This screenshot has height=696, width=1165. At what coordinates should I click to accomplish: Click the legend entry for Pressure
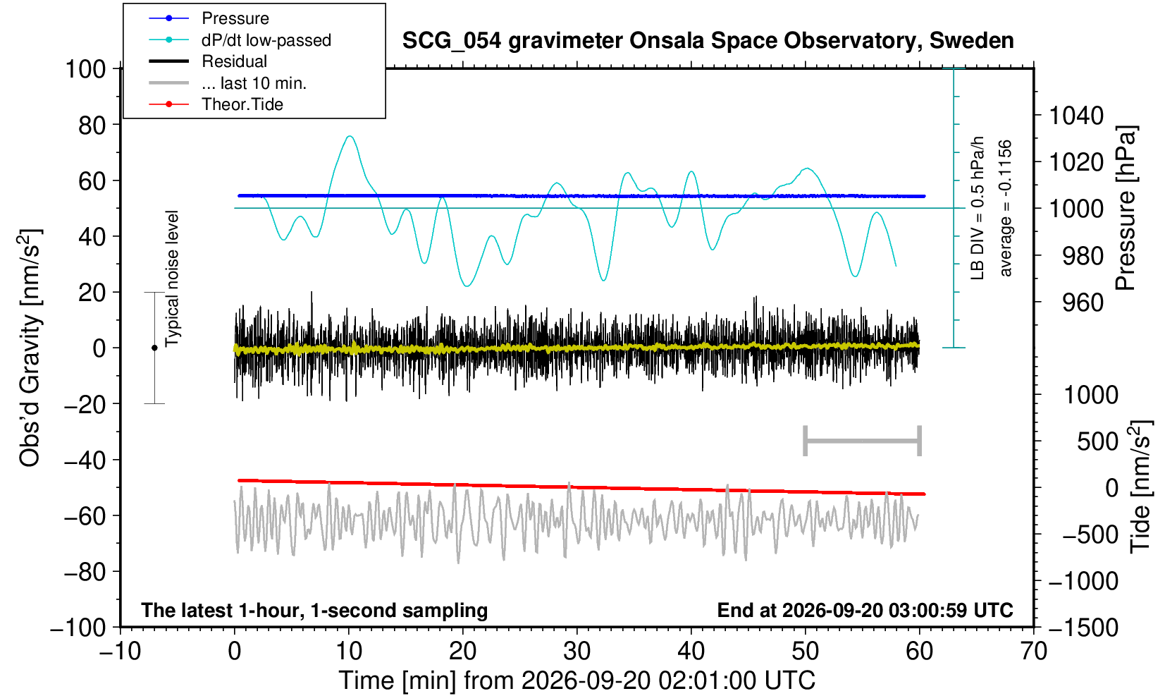coord(235,18)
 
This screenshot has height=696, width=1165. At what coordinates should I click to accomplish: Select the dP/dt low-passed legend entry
coord(266,40)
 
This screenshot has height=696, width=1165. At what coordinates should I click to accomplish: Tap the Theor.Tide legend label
coord(242,104)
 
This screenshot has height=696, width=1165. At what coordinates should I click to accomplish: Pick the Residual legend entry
coord(234,61)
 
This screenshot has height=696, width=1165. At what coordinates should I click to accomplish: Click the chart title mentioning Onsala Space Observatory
coord(708,41)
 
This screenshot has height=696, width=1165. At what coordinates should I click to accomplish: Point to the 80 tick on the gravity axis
coord(92,126)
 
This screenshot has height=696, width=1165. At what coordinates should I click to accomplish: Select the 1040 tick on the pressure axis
coord(1076,116)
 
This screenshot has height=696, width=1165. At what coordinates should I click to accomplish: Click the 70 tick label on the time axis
coord(1033,652)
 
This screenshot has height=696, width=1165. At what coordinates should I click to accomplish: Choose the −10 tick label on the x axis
coord(120,652)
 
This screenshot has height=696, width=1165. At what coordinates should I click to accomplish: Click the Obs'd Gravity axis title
coord(30,348)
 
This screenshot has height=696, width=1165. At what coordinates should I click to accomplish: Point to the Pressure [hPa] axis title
coord(1126,208)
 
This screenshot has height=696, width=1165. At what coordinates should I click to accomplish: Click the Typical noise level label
coord(172,279)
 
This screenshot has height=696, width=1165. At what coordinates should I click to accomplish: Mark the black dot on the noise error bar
coord(154,348)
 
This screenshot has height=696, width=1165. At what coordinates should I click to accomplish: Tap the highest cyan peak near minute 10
coord(350,136)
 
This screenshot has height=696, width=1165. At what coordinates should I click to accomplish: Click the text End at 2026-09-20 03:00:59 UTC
coord(865,610)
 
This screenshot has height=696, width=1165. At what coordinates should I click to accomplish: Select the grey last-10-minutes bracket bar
coord(863,441)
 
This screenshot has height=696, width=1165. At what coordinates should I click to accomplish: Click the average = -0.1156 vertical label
coord(1005,208)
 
